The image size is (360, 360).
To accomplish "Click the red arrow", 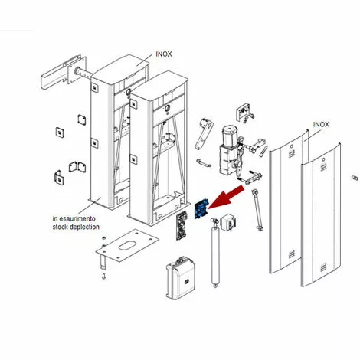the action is (226, 197).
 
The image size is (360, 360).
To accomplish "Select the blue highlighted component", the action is (201, 208).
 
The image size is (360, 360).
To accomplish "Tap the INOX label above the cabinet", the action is (164, 54).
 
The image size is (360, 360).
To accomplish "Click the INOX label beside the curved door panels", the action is (321, 124).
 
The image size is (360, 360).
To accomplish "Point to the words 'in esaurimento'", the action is (74, 218).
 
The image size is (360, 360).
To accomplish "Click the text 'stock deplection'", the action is (76, 227).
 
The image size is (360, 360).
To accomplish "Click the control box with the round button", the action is (181, 277).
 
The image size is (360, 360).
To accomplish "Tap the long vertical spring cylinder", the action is (216, 253).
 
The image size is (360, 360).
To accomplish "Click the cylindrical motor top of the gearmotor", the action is (229, 136).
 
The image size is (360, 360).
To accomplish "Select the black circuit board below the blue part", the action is (182, 227).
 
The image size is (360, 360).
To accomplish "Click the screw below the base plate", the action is (103, 277).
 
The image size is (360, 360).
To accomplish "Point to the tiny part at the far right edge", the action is (355, 178).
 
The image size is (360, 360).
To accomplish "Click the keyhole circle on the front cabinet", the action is (167, 108).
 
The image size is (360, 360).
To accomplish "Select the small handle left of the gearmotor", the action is (204, 163).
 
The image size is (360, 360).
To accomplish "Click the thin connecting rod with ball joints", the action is (257, 210).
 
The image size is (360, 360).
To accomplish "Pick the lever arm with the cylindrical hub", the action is (205, 133).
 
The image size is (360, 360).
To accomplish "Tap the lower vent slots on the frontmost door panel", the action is (323, 267).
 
